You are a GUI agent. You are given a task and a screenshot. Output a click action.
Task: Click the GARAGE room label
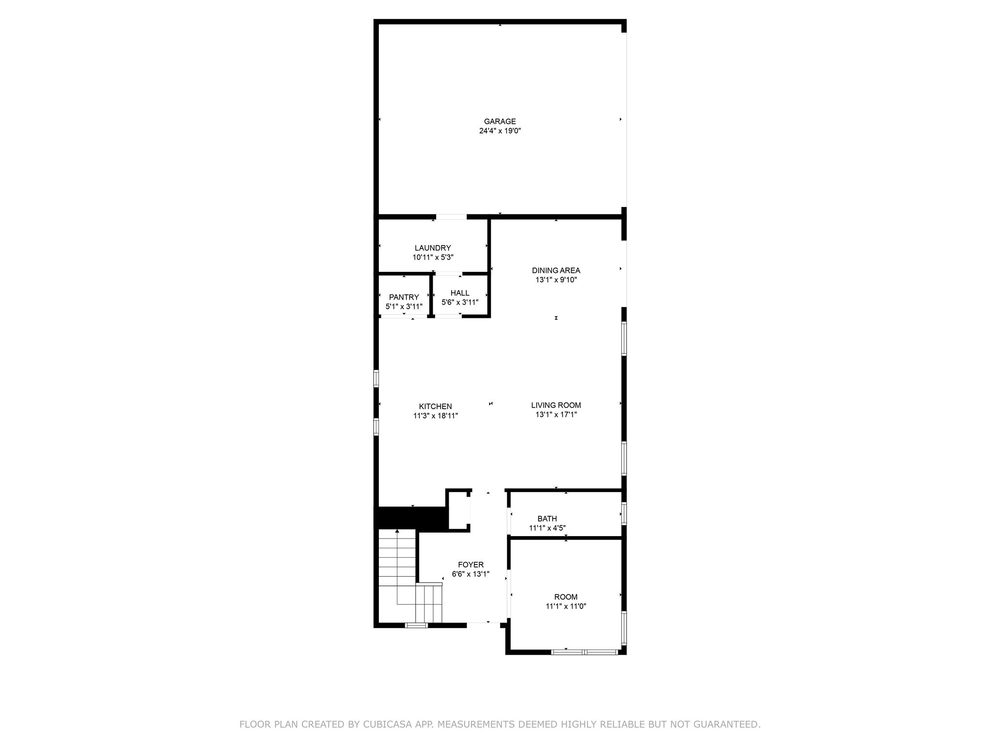500,122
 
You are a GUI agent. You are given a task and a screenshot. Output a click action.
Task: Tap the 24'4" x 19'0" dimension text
500,131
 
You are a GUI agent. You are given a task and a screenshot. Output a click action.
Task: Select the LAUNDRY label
433,248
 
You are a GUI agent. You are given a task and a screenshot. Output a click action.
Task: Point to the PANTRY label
404,297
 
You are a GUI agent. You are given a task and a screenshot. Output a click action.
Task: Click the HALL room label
459,293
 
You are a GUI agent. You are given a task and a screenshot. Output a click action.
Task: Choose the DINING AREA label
556,271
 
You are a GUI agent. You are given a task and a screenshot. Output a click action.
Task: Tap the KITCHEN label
435,406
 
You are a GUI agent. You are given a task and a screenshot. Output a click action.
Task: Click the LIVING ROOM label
556,405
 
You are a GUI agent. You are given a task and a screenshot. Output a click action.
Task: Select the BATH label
547,519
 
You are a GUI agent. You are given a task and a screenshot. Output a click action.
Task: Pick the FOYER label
470,565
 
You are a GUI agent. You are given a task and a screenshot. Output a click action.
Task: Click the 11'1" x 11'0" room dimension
565,606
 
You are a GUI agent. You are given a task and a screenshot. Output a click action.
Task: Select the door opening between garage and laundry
451,217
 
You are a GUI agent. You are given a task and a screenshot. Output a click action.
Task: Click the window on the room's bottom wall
584,652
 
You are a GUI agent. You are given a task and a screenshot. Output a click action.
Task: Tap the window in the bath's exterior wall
624,514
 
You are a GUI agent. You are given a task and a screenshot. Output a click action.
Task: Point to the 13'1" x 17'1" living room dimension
556,415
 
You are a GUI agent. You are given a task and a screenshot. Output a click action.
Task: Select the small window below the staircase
417,625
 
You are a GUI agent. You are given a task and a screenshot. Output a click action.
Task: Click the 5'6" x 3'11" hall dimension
459,302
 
